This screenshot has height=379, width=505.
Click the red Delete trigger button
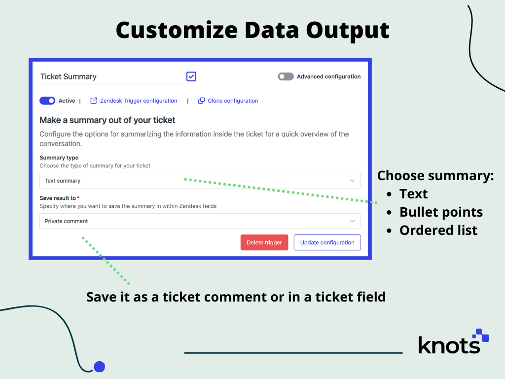click(264, 242)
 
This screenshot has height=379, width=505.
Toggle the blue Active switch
click(47, 101)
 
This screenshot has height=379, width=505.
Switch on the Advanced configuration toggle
click(286, 76)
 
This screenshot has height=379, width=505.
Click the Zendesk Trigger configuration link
click(139, 101)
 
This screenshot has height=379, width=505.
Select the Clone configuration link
click(233, 101)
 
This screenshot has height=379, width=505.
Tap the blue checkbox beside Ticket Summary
click(191, 76)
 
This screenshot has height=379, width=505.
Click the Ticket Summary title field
click(112, 76)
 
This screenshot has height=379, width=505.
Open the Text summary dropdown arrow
click(352, 181)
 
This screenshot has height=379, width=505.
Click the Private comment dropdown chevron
click(352, 221)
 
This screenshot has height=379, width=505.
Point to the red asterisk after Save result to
click(78, 197)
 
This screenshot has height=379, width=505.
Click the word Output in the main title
click(348, 31)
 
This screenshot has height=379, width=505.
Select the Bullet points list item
click(441, 212)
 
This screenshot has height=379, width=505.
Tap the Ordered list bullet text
click(438, 230)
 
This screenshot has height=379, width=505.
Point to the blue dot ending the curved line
click(99, 367)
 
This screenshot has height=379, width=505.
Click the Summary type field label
click(59, 157)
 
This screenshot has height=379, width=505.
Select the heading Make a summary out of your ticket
click(107, 120)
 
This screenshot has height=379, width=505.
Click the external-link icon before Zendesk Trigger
click(93, 101)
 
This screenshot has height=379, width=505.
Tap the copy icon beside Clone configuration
click(201, 101)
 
